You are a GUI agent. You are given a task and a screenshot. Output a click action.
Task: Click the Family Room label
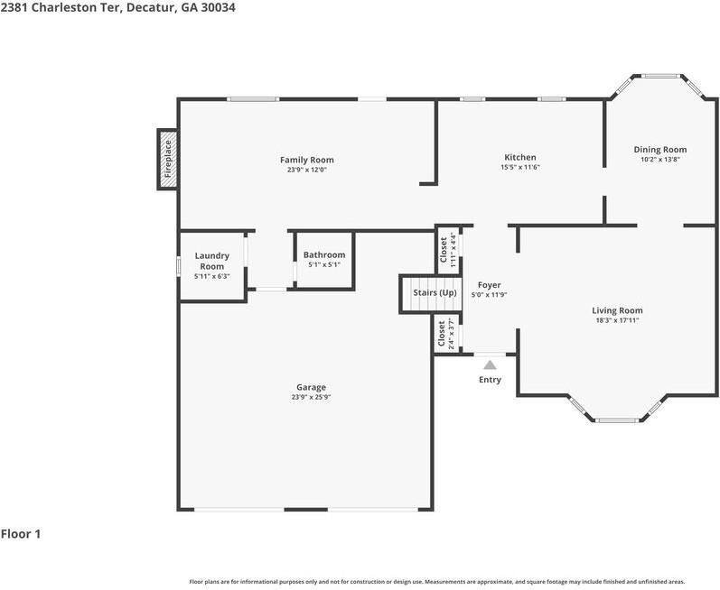[307, 160]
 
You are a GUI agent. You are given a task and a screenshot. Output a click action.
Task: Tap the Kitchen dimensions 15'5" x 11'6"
[520, 167]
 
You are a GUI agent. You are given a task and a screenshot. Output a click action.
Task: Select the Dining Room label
[660, 150]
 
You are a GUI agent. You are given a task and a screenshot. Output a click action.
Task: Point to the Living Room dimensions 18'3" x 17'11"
[617, 320]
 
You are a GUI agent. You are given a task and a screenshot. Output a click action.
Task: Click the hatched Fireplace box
[168, 159]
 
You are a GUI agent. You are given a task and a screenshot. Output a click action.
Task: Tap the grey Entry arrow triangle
[490, 364]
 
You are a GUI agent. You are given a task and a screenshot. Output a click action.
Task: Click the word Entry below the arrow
[490, 380]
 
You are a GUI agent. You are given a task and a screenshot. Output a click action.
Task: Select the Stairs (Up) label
[435, 292]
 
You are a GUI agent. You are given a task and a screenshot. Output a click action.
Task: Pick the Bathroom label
[324, 255]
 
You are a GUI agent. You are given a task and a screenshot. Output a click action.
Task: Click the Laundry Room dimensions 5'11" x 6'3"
[212, 276]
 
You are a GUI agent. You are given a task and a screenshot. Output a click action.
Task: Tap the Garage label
[311, 387]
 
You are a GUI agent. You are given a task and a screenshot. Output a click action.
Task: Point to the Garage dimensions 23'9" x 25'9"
[311, 398]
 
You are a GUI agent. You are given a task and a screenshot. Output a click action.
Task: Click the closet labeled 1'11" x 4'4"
[449, 250]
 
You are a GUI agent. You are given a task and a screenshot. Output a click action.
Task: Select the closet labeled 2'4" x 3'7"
[447, 334]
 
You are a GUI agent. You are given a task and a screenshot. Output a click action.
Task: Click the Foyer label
[489, 285]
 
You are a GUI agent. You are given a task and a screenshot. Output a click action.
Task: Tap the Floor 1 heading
[21, 534]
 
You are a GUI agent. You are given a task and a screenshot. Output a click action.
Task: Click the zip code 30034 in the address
[218, 7]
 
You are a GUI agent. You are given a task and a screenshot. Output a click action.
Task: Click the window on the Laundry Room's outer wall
[179, 266]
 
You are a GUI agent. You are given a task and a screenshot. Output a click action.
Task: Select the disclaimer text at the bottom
[437, 582]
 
